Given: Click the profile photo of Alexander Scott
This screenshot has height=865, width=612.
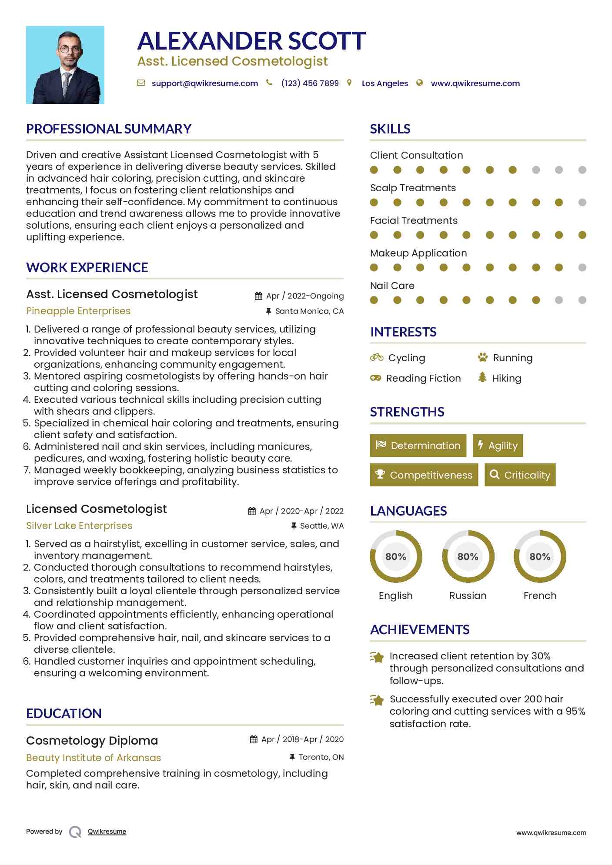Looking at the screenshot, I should click(x=65, y=65).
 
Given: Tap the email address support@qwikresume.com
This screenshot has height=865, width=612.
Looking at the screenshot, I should click(x=204, y=83).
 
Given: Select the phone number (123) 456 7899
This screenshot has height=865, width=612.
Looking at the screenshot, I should click(x=310, y=83).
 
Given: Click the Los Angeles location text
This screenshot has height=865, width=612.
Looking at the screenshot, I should click(x=385, y=83).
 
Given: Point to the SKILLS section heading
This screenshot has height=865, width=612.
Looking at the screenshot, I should click(x=390, y=129).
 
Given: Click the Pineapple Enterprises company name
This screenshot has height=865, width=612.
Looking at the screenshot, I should click(x=78, y=311).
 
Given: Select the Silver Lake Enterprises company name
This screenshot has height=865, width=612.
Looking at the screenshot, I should click(x=79, y=526).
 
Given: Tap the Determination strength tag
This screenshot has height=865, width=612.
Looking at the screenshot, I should click(x=418, y=446).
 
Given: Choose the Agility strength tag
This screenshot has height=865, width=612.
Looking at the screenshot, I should click(x=498, y=446).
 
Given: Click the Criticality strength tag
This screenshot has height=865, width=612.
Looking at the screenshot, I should click(x=520, y=475).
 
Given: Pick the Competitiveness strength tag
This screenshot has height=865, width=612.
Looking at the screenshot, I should click(x=424, y=475).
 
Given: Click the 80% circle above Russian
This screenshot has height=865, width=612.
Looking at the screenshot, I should click(x=468, y=556).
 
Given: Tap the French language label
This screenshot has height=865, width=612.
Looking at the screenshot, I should click(x=540, y=596).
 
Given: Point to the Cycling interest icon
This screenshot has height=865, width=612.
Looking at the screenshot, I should click(x=377, y=358).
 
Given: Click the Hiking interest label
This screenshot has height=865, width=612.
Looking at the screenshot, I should click(x=507, y=379).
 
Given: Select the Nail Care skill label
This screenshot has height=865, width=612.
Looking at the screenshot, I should click(x=392, y=286).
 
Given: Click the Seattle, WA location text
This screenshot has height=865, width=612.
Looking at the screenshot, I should click(x=322, y=526).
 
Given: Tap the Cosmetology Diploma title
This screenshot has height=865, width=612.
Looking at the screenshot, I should click(x=92, y=741).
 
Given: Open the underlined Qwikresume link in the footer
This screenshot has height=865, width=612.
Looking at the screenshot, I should click(x=107, y=832).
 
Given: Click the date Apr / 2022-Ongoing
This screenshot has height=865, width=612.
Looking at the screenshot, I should click(x=304, y=296).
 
